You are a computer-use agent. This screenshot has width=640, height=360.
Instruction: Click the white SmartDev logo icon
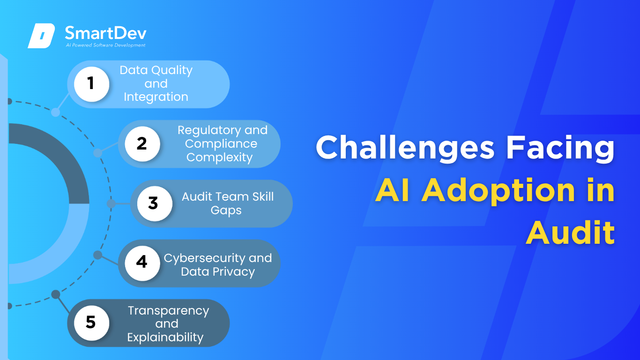[41, 36]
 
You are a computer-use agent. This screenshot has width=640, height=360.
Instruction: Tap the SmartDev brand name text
[106, 33]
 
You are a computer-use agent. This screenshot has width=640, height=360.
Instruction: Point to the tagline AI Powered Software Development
[106, 45]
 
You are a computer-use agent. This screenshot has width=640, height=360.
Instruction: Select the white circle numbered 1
[91, 84]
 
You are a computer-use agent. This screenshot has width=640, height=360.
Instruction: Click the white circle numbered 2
[142, 144]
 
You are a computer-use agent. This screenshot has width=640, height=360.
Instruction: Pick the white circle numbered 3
[155, 203]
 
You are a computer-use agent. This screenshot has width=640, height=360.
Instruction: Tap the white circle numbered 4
[142, 263]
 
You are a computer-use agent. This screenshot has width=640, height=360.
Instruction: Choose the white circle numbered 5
[91, 323]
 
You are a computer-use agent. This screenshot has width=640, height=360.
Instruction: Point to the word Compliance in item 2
[221, 143]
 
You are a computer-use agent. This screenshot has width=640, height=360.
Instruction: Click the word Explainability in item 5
[165, 337]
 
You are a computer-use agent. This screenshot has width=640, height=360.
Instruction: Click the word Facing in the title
[560, 148]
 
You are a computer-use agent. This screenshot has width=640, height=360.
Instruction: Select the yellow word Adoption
[498, 190]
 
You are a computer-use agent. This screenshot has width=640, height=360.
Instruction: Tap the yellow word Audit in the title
[570, 232]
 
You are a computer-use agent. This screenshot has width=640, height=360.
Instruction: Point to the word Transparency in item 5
[169, 311]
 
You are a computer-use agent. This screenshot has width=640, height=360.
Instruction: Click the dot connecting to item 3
[111, 203]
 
